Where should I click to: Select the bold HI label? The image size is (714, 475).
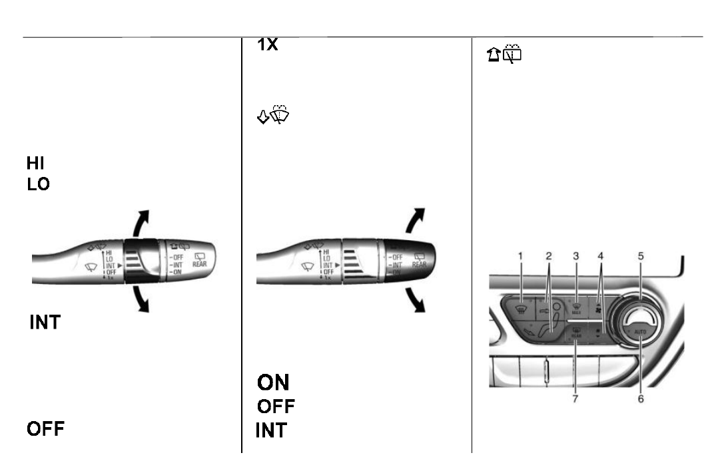(x=36, y=163)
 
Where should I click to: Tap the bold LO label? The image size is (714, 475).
(x=38, y=184)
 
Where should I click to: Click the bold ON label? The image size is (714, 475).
(x=273, y=382)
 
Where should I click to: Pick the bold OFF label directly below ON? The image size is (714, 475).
(x=276, y=406)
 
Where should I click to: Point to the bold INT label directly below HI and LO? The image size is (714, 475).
(x=45, y=323)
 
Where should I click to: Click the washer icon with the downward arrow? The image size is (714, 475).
(x=274, y=117)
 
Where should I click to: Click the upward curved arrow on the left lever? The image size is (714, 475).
(x=141, y=223)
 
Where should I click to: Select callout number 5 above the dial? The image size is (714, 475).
(x=641, y=255)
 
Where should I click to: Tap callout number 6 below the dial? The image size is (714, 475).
(x=641, y=399)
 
